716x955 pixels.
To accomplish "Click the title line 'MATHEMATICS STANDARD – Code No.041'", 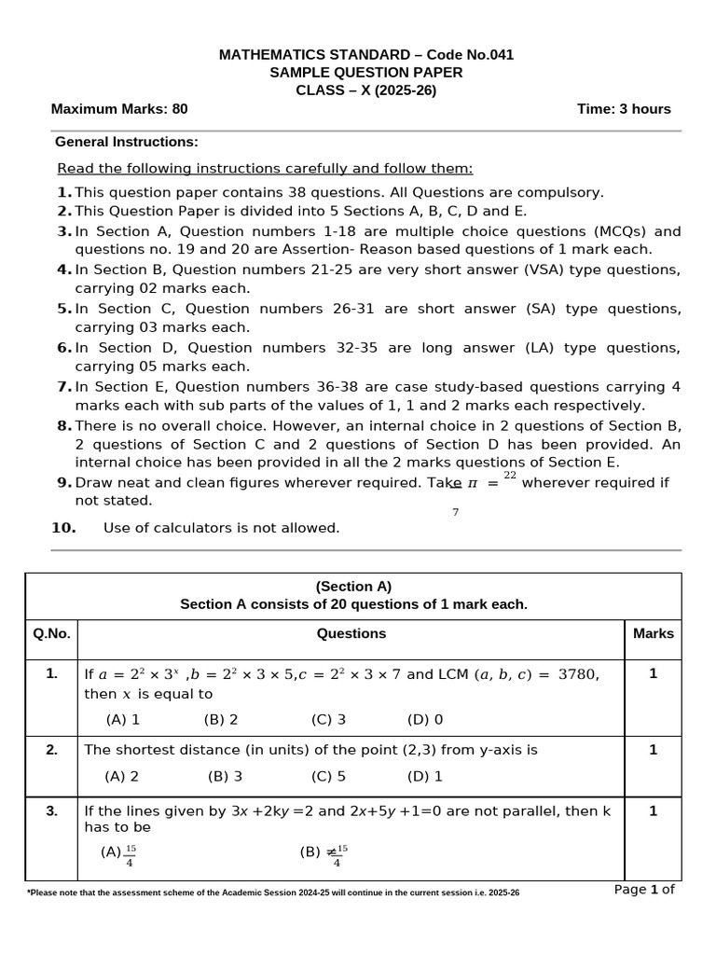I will [x=365, y=55].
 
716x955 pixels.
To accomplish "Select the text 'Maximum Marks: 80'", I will [x=119, y=109].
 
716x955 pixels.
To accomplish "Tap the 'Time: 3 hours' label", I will [x=624, y=109].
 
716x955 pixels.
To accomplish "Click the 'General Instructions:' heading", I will [x=127, y=143].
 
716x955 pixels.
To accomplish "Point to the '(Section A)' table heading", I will [x=353, y=587].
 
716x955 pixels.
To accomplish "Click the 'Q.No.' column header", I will [x=51, y=634].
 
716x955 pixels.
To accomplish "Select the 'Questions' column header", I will [x=351, y=634].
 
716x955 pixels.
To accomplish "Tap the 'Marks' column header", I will [x=653, y=634].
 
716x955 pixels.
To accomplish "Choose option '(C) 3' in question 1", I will [x=329, y=719].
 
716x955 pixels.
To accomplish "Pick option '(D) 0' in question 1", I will [x=425, y=719].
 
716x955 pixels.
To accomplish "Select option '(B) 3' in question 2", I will [x=225, y=776].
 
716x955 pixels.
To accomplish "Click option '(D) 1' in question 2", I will [x=425, y=776].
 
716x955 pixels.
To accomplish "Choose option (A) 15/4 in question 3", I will [x=119, y=854].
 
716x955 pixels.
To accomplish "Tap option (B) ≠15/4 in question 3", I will [x=324, y=854].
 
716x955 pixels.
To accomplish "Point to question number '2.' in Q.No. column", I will [x=52, y=750].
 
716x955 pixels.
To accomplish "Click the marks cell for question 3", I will [x=653, y=811].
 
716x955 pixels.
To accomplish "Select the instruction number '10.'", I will [x=63, y=528].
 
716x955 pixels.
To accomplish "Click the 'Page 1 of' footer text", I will [x=643, y=890].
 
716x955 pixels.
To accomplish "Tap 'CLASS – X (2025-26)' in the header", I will [x=365, y=90].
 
